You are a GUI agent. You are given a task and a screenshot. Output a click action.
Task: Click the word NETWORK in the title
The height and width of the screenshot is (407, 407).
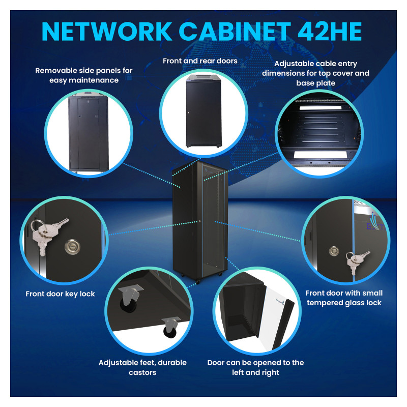point(107,31)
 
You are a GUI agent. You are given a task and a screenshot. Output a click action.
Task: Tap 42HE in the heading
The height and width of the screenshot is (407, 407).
point(329,31)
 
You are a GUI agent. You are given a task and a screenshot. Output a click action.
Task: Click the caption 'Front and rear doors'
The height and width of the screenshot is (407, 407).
point(200,61)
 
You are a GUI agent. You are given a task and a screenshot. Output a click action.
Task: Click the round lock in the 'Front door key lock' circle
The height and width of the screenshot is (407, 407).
point(72,246)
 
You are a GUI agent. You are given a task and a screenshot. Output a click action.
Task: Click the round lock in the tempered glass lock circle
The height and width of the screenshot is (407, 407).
point(334,251)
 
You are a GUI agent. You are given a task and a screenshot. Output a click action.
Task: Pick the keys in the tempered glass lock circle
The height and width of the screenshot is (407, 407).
point(356,261)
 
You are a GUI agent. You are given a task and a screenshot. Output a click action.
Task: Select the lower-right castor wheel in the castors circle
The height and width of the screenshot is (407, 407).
point(170,328)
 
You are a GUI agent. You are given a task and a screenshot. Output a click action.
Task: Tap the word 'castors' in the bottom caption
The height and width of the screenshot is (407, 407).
point(142,372)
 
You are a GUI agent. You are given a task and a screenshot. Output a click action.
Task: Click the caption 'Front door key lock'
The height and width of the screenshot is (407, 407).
point(60,294)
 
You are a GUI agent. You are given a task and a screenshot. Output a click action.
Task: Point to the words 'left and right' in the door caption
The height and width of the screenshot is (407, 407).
point(255,372)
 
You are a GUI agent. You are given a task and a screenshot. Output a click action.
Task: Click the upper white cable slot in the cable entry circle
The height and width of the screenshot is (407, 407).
point(321,107)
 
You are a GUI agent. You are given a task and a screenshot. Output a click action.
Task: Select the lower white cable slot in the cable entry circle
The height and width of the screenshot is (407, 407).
point(320,155)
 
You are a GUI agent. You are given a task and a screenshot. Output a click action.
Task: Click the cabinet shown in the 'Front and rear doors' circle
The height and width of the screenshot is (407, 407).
point(204,111)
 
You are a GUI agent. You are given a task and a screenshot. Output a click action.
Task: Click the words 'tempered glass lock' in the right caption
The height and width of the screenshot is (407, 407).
point(344,303)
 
